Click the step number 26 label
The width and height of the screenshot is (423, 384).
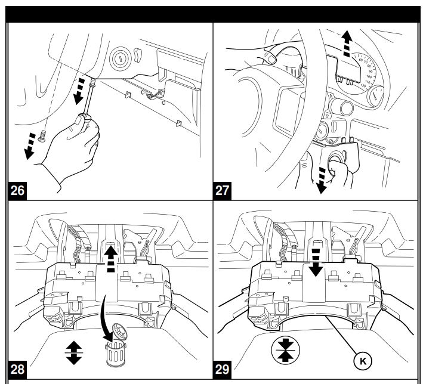tap(18, 191)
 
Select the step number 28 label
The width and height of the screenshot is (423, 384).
tap(18, 368)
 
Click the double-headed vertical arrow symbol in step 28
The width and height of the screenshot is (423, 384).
tap(74, 352)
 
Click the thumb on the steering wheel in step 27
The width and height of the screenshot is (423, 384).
tap(272, 58)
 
